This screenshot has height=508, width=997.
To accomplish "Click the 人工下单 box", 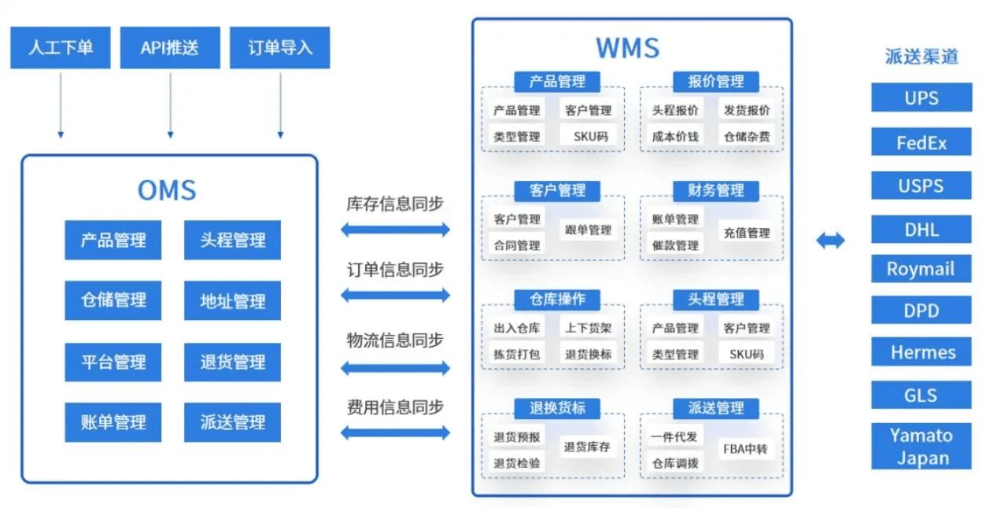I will pos(61,47).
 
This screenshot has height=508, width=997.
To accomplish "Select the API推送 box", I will pos(169,47).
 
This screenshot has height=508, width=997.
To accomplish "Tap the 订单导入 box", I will pos(279,47).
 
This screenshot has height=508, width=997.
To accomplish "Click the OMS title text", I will pos(167,190).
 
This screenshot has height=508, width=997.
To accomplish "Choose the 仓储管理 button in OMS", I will pos(113,300).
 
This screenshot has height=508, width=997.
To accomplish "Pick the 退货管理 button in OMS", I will pos(232,362).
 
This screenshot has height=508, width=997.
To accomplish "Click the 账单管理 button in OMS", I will pos(113,422).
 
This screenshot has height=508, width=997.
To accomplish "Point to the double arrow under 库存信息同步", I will pos(395,230).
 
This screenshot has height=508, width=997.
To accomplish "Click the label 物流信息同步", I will pos(395,340).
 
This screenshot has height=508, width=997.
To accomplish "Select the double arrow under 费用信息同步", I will pos(395,433).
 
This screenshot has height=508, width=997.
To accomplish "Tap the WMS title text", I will pos(627,47).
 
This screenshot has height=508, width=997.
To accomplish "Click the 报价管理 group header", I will pos(715,81).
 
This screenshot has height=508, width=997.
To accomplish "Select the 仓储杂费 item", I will pos(747,136).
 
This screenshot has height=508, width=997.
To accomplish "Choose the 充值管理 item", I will pos(747,233).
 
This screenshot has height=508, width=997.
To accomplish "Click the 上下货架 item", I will pos(588,328).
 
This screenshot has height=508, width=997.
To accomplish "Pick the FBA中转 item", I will pos(745,450).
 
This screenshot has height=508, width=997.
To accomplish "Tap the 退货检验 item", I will pos(517,463).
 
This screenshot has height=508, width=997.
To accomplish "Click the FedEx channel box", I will pos(921,143).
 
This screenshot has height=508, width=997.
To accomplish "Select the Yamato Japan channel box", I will pos(921,447).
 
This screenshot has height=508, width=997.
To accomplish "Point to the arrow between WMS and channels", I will pos(830,241).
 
